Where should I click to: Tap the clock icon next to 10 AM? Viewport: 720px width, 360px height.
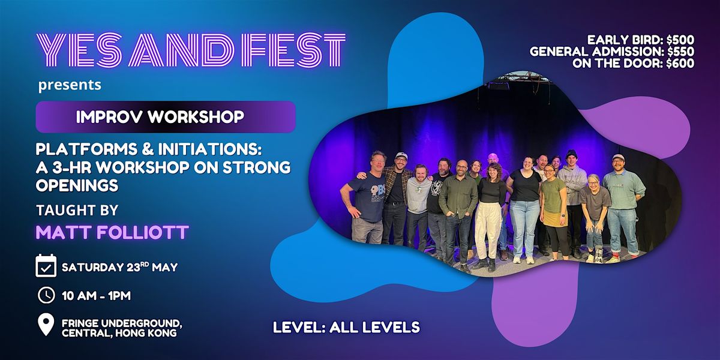click(46, 295)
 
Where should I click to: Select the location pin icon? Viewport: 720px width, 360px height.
click(46, 325)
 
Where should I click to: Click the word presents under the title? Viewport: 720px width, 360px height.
click(70, 85)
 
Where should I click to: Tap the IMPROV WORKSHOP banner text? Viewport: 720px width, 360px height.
click(160, 117)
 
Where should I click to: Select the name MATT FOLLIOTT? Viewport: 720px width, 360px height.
click(112, 232)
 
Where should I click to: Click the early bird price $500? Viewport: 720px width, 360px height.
click(680, 40)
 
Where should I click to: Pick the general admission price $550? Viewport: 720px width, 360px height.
click(680, 52)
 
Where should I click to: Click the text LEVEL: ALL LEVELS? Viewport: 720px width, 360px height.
click(347, 327)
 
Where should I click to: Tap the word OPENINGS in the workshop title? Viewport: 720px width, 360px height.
click(77, 185)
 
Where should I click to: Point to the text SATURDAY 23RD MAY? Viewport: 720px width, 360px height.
click(119, 267)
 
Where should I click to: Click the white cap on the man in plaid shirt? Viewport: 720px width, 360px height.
click(401, 155)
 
